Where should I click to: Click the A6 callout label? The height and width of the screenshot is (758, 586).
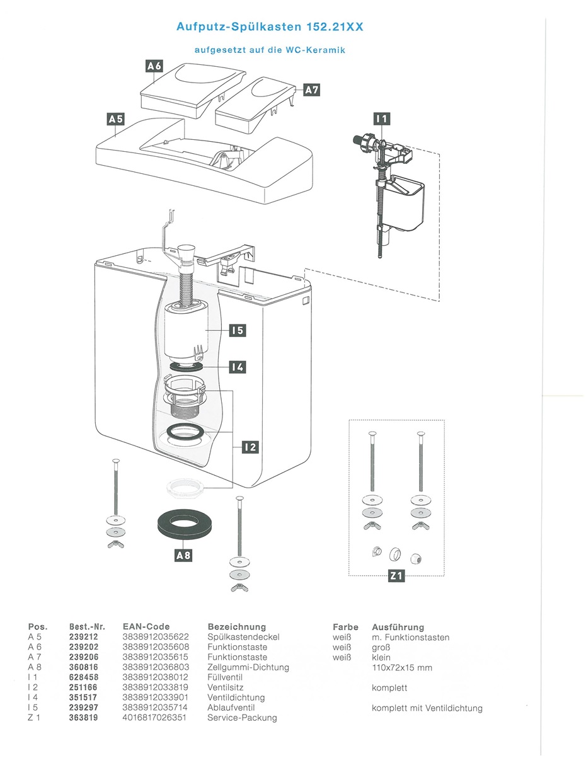pyautogui.click(x=154, y=66)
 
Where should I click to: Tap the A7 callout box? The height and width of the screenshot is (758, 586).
pyautogui.click(x=312, y=90)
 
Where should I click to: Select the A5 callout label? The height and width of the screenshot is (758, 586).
pyautogui.click(x=116, y=119)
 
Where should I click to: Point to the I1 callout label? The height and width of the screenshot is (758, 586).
pyautogui.click(x=382, y=119)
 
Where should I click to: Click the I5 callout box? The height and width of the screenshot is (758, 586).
pyautogui.click(x=238, y=330)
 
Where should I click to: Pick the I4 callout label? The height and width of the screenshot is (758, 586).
pyautogui.click(x=238, y=367)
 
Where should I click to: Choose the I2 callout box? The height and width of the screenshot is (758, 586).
pyautogui.click(x=251, y=447)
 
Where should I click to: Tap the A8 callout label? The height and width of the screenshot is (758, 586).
pyautogui.click(x=183, y=555)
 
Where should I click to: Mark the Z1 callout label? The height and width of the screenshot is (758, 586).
pyautogui.click(x=396, y=575)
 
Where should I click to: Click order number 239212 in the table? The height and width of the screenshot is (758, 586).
pyautogui.click(x=84, y=637)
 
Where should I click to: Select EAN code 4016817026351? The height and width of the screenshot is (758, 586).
pyautogui.click(x=154, y=718)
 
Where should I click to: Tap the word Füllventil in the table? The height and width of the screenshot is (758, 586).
pyautogui.click(x=224, y=677)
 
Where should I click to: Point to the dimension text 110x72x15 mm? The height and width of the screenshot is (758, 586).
pyautogui.click(x=402, y=668)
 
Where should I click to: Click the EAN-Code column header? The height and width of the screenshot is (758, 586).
pyautogui.click(x=146, y=626)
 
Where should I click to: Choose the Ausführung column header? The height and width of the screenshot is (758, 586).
pyautogui.click(x=398, y=627)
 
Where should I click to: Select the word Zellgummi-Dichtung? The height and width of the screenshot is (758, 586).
pyautogui.click(x=248, y=668)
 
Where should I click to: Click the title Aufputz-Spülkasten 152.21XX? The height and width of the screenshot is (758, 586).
pyautogui.click(x=270, y=26)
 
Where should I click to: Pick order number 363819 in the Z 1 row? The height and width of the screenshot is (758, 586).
pyautogui.click(x=84, y=718)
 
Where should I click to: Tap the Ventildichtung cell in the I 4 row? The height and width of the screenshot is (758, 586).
pyautogui.click(x=236, y=698)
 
